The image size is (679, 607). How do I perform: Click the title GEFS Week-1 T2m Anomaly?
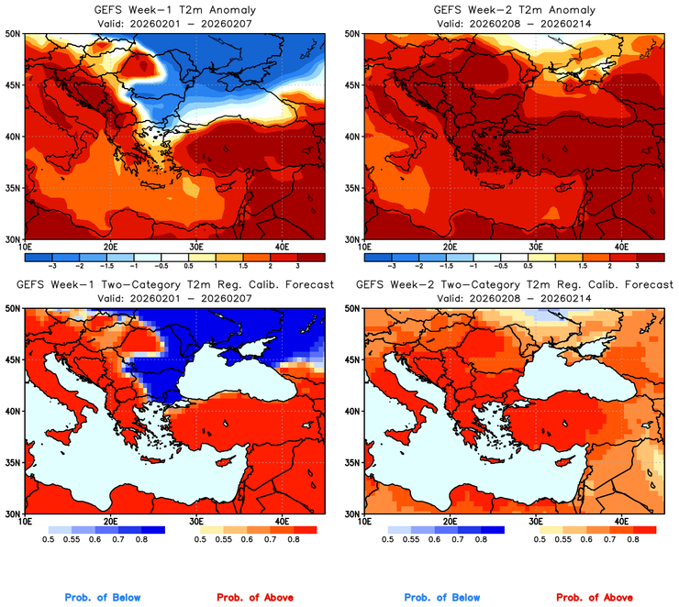click(175, 9)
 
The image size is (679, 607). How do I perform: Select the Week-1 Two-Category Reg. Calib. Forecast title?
click(175, 285)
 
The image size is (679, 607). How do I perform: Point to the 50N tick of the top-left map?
click(13, 33)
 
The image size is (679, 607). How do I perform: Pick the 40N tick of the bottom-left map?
click(13, 412)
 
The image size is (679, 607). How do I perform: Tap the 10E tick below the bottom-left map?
click(25, 521)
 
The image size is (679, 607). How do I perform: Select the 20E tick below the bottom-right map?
click(450, 521)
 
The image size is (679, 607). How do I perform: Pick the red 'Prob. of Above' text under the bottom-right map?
click(593, 598)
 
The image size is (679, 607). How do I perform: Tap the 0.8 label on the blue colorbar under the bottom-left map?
click(145, 541)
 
